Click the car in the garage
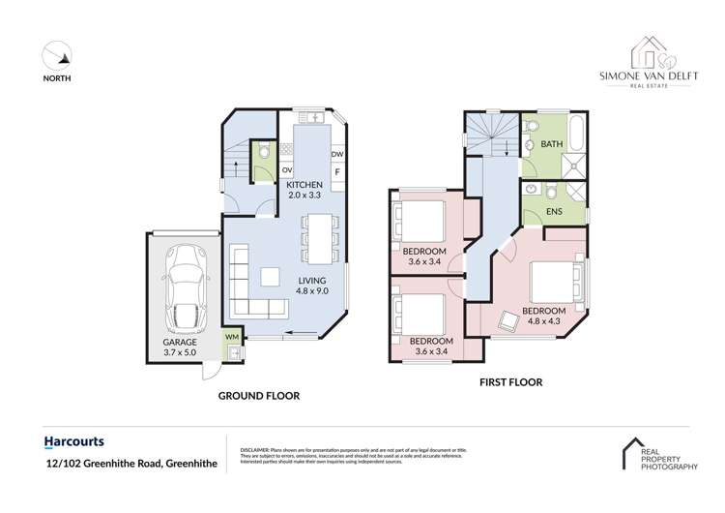click(x=185, y=276)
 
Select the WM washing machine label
click(x=231, y=337)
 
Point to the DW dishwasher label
click(x=337, y=155)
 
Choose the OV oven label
click(x=287, y=172)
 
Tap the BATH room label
click(x=552, y=145)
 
